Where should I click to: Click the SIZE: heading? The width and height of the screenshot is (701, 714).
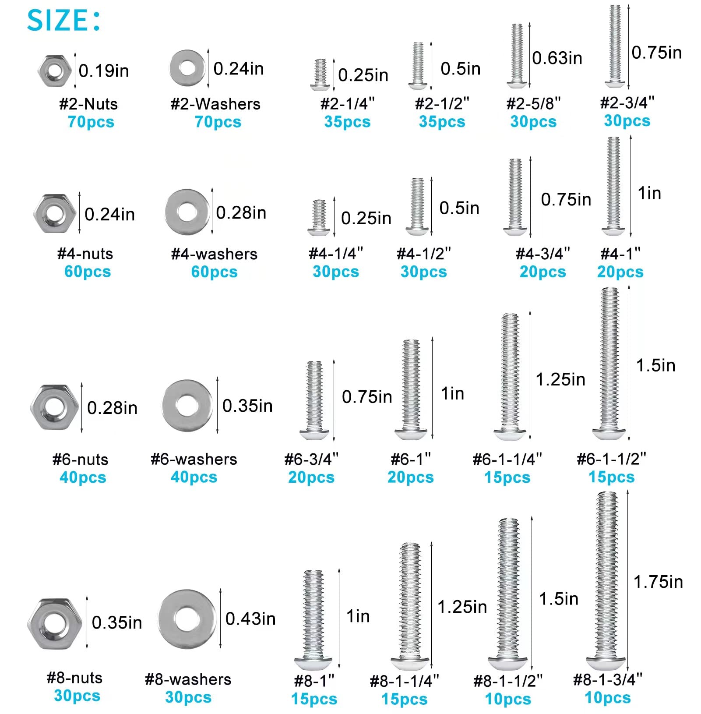[x=63, y=20]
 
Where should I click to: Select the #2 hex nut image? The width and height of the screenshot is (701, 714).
[x=54, y=70]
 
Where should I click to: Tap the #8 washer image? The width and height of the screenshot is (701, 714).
[x=187, y=619]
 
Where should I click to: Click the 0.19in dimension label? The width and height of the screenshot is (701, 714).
[x=104, y=71]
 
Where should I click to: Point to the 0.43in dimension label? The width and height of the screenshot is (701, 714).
[x=250, y=619]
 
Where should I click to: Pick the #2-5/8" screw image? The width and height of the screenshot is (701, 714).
[x=517, y=55]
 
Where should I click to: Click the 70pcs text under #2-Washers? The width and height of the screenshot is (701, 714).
[x=218, y=122]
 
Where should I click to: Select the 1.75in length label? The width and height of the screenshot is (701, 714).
[x=658, y=582]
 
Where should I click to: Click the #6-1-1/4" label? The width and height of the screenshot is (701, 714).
[x=507, y=459]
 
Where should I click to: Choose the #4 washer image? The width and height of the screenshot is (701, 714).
[x=187, y=212]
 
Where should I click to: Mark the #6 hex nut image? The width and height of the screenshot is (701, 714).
[x=54, y=407]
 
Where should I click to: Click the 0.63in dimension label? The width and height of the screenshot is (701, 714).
[x=557, y=58]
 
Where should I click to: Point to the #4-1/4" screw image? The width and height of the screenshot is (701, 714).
[x=319, y=217]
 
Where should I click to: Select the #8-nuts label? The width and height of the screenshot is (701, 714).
[x=74, y=678]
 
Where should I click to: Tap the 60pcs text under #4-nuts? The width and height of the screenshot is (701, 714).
[x=88, y=272]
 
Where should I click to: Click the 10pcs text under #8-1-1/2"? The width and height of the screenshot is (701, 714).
[x=508, y=699]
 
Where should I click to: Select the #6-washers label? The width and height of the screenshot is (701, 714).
[x=194, y=459]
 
